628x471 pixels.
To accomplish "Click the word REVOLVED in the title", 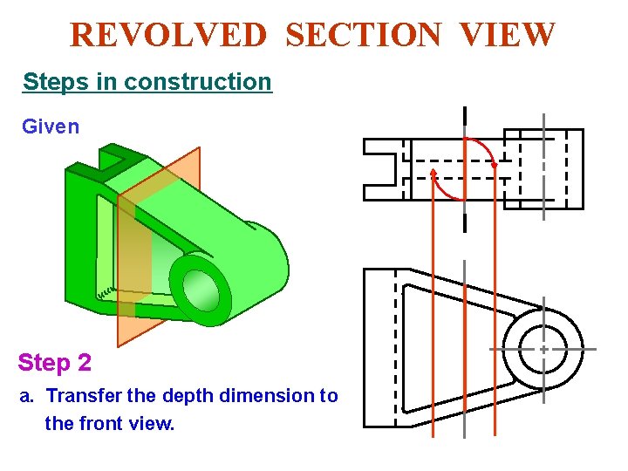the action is (x=168, y=36).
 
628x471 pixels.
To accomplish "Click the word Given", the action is (x=51, y=126).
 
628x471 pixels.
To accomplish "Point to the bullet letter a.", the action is (x=27, y=396).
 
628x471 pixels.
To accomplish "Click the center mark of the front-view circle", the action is (x=543, y=349).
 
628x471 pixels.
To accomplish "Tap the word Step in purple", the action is (x=42, y=362).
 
